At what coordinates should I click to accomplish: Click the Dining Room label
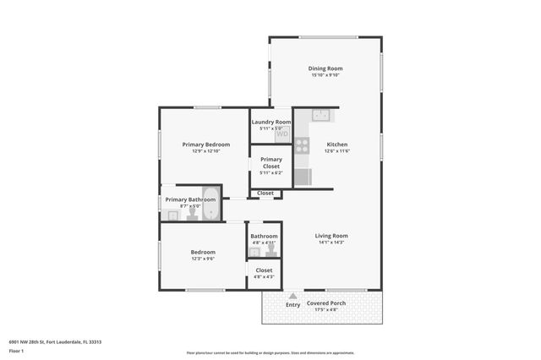click(x=325, y=68)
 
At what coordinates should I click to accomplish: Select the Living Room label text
click(x=331, y=236)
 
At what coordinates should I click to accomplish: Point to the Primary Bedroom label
click(x=205, y=145)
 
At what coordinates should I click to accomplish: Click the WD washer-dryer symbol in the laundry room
click(x=282, y=134)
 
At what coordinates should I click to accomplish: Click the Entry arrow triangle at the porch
click(x=292, y=296)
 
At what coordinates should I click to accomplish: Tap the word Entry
click(x=292, y=304)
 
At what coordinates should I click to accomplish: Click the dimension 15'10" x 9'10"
click(x=325, y=75)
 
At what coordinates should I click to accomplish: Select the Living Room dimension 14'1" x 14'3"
click(x=331, y=243)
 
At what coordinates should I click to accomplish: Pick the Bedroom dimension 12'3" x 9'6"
click(x=203, y=259)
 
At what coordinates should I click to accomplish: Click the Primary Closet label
click(x=270, y=163)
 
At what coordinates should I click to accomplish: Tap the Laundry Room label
click(x=270, y=122)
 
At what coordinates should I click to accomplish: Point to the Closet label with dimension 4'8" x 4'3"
click(x=264, y=270)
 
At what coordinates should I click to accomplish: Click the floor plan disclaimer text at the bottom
click(x=270, y=353)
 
